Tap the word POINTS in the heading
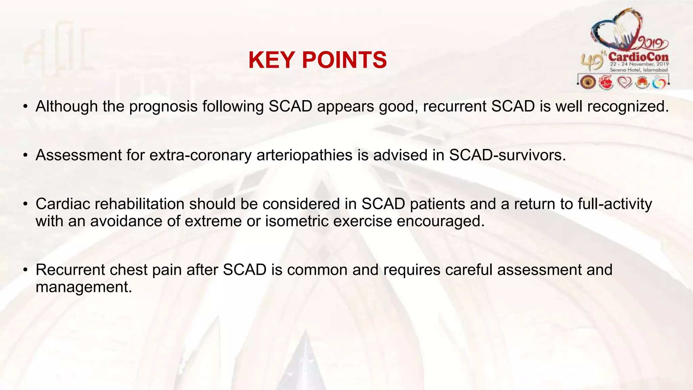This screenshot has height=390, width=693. point(344,60)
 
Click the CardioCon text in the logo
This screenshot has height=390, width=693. point(639,57)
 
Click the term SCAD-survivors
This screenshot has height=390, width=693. point(507,155)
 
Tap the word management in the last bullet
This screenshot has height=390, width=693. point(83,287)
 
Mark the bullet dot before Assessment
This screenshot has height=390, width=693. point(25,156)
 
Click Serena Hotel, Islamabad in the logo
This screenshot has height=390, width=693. point(639,70)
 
